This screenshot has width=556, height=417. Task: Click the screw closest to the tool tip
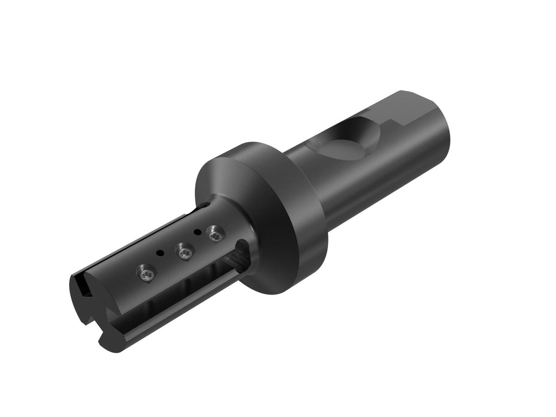click(x=146, y=273)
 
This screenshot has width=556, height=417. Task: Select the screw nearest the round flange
click(x=215, y=233)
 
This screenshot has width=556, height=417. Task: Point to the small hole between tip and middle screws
click(x=160, y=253)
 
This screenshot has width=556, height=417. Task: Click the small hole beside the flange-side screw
click(x=197, y=232)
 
